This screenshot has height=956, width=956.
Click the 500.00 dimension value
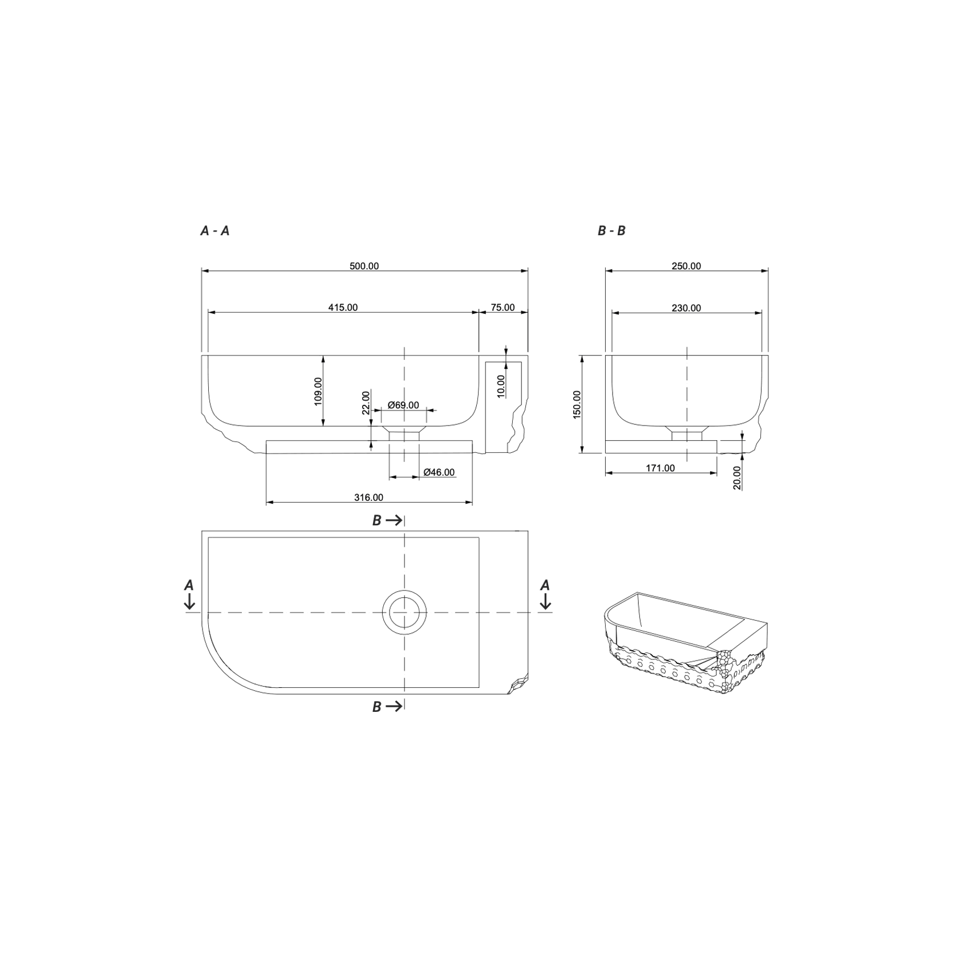click(364, 266)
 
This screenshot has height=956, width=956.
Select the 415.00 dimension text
click(343, 307)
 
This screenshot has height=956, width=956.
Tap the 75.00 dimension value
click(503, 307)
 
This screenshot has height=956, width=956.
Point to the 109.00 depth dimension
click(318, 391)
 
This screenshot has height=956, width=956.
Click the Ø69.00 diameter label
click(403, 406)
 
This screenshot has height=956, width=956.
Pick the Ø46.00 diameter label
click(439, 472)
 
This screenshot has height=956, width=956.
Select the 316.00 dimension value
click(368, 497)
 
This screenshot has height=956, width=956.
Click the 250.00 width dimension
click(686, 266)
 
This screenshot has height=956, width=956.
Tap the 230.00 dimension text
click(686, 308)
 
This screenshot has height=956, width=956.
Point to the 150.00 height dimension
click(577, 404)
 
